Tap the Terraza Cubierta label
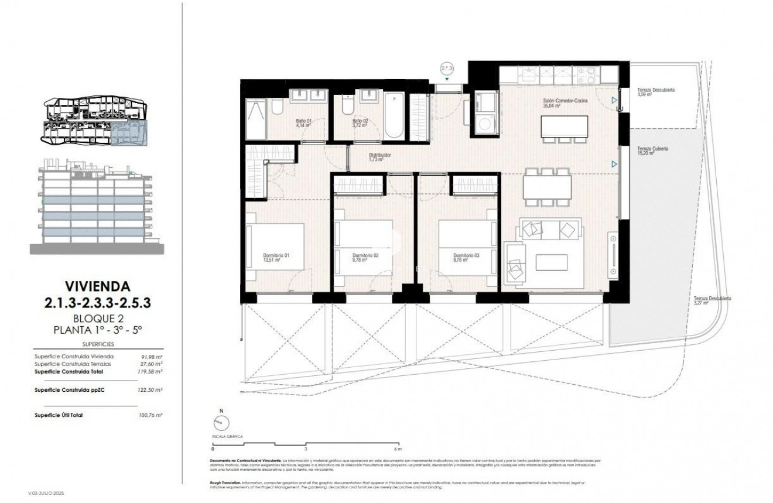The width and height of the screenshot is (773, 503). (x=653, y=151)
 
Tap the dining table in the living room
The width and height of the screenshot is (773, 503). (x=548, y=187)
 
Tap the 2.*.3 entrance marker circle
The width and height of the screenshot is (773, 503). (x=447, y=69)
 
